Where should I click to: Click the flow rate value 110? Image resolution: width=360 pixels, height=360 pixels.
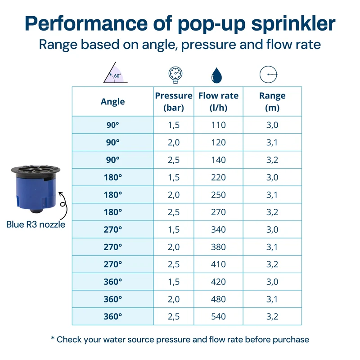click(218, 125)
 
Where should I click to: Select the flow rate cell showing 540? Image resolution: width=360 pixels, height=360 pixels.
click(218, 317)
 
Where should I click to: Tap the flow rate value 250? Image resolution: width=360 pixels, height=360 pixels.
click(218, 195)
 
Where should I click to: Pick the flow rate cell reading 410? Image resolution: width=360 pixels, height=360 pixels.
click(218, 265)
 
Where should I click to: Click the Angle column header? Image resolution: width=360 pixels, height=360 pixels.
click(113, 102)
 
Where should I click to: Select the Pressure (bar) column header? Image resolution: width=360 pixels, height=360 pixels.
click(174, 102)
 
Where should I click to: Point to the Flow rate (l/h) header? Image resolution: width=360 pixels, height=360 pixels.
click(218, 102)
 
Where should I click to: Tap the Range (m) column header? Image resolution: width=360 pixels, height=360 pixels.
click(272, 102)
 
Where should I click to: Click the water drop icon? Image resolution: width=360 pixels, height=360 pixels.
click(216, 75)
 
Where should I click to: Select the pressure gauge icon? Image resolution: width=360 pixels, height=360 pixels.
click(175, 75)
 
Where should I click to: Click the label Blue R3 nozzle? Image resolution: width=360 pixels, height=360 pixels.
click(36, 225)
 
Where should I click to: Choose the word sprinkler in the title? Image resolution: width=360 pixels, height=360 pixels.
click(293, 23)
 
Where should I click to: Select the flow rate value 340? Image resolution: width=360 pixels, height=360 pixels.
click(218, 229)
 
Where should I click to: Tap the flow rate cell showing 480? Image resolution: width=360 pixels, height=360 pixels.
click(218, 299)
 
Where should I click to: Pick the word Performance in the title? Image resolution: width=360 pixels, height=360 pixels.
click(86, 23)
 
